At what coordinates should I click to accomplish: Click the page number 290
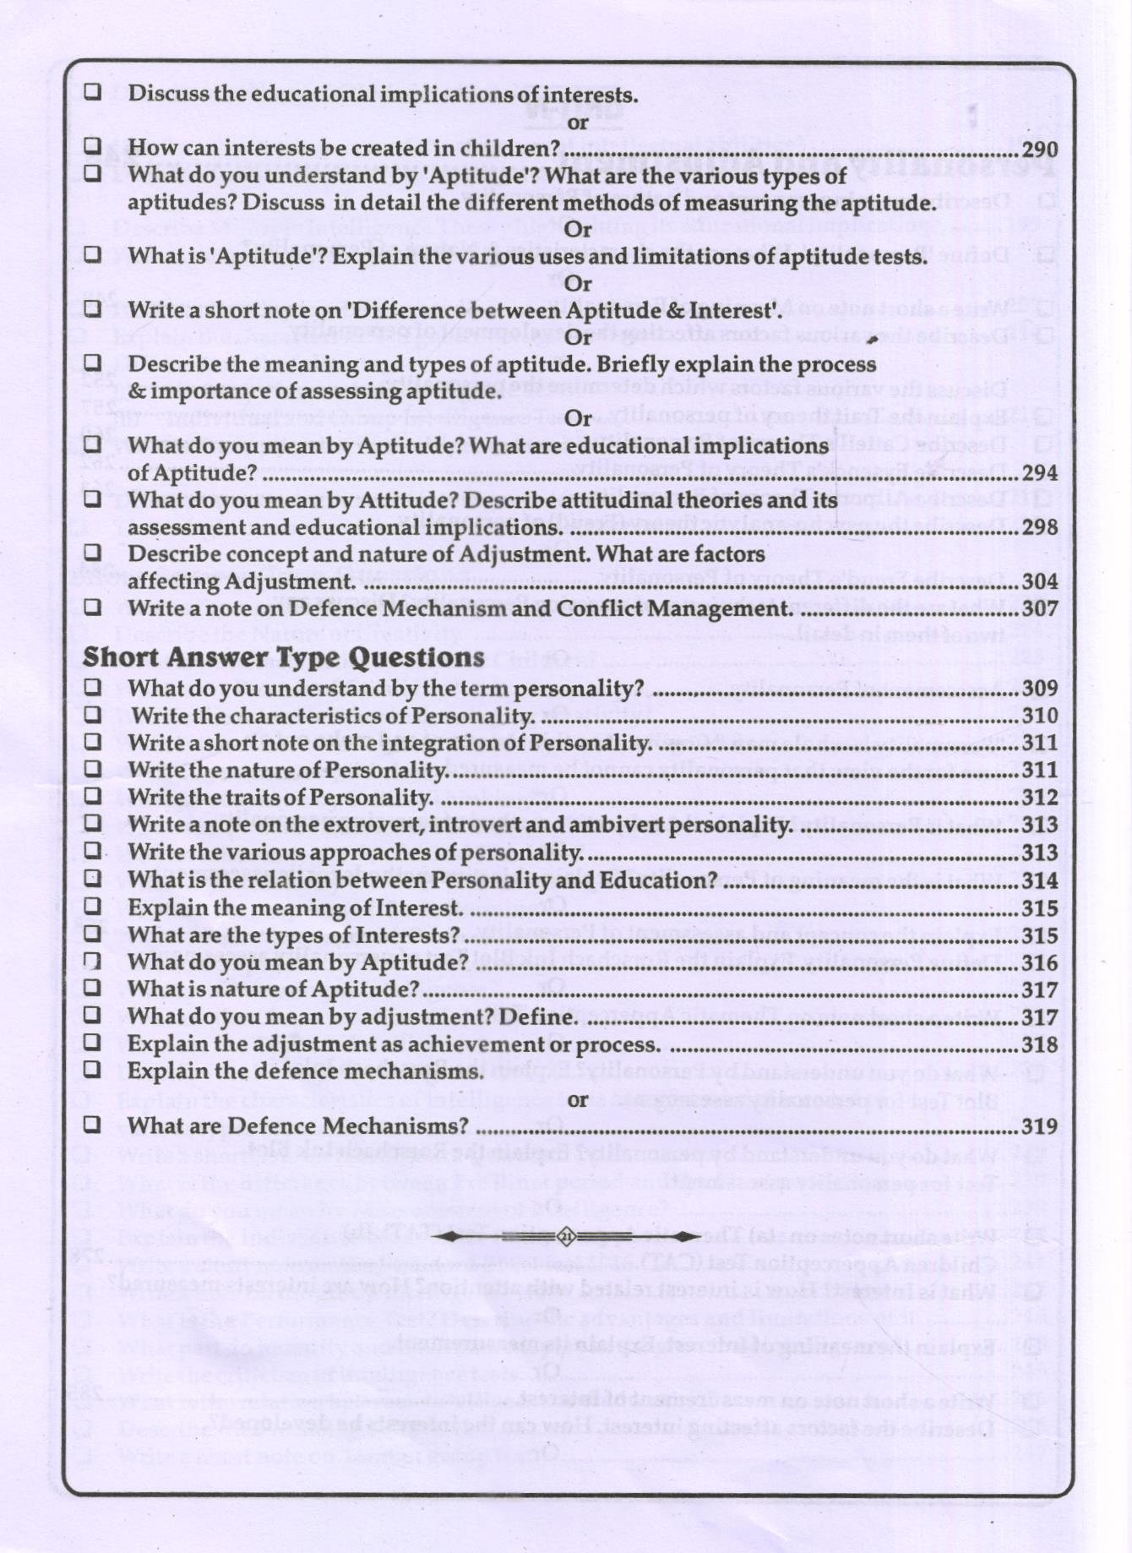(1039, 149)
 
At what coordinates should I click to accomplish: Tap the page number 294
(1039, 473)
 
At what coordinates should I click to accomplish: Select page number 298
(1039, 527)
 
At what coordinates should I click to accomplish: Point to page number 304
(1039, 581)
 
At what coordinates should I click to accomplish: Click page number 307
(1039, 608)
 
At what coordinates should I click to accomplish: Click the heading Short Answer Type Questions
(284, 657)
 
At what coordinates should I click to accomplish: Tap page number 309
(1039, 689)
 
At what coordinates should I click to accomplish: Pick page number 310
(1039, 716)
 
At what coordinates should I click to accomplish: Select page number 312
(1039, 798)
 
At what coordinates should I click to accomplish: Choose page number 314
(1039, 880)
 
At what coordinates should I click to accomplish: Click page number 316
(1039, 962)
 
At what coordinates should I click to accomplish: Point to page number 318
(1039, 1044)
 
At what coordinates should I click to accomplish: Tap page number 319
(1039, 1126)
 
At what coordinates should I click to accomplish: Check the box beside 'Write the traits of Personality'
(93, 796)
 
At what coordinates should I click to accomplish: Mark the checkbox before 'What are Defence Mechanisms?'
(93, 1125)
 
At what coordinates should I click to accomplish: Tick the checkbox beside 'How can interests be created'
(93, 146)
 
